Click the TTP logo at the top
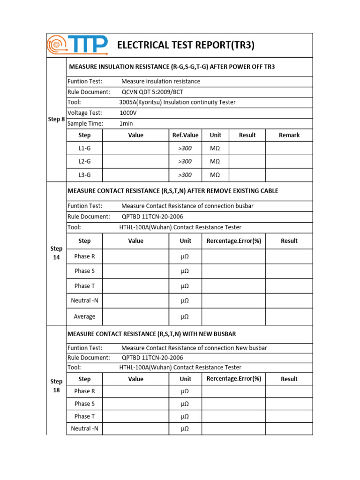(78, 45)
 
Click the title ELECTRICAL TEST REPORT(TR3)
(186, 45)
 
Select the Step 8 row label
(56, 119)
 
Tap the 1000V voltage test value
(129, 112)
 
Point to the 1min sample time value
(127, 123)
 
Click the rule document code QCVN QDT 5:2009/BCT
(152, 92)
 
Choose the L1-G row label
(84, 148)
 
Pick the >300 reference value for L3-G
(185, 175)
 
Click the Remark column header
(289, 135)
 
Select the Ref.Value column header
(185, 135)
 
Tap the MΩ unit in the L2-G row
(215, 161)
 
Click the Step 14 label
(56, 253)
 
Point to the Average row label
(84, 316)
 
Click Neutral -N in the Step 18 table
(84, 428)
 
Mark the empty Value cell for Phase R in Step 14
(135, 256)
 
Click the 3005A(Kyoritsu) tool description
(177, 102)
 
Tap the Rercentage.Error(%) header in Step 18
(233, 379)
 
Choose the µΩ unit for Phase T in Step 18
(185, 416)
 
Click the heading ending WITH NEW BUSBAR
(152, 334)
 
